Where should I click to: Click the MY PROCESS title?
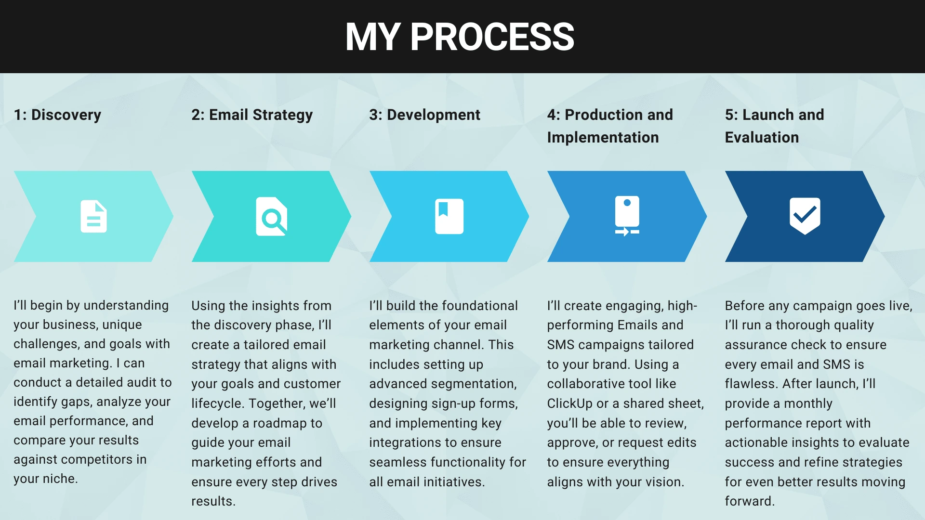[x=460, y=37]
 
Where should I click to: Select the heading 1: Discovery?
[x=57, y=115]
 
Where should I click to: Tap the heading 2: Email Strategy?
[x=252, y=115]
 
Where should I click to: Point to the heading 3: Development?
[x=424, y=115]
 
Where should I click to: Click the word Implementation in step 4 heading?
[x=603, y=138]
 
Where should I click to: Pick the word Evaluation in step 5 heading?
[x=762, y=138]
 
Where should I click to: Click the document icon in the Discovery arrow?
[x=93, y=216]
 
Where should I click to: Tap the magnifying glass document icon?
[x=272, y=216]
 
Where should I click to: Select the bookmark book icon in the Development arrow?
[x=449, y=216]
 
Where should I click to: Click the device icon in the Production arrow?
[x=627, y=216]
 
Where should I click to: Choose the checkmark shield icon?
[x=805, y=216]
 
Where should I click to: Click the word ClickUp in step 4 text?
[x=569, y=403]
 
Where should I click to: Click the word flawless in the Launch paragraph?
[x=752, y=384]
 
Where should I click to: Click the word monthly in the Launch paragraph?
[x=808, y=403]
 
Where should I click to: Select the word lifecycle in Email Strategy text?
[x=217, y=403]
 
